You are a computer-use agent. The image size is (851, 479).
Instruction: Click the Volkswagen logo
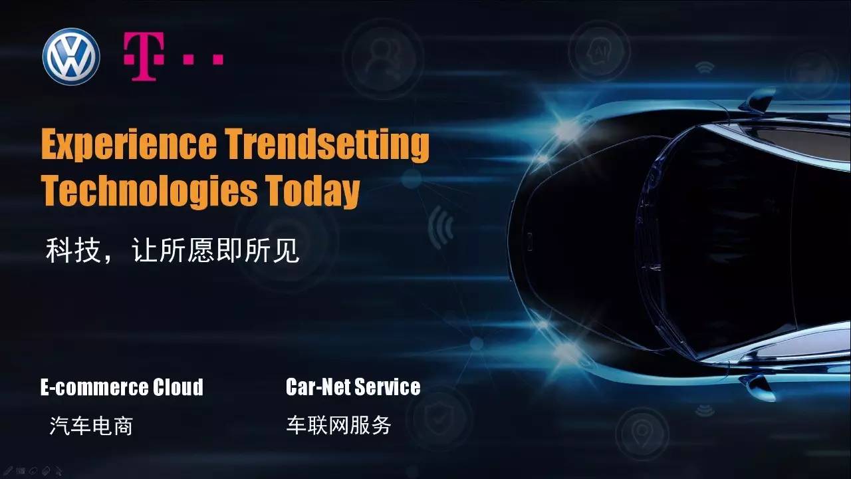(71, 57)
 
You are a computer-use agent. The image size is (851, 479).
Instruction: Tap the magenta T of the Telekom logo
(144, 57)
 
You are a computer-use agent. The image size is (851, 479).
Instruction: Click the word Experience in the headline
(129, 144)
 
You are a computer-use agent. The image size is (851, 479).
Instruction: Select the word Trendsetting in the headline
(326, 144)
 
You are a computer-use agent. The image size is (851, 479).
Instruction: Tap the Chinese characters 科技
(73, 251)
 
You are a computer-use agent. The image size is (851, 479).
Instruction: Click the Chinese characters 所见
(272, 251)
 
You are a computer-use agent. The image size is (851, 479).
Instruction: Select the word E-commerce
(94, 387)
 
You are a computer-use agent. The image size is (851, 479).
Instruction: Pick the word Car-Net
(318, 387)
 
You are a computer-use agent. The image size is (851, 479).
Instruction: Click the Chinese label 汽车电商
(91, 426)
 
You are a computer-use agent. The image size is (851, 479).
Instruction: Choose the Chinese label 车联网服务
(339, 425)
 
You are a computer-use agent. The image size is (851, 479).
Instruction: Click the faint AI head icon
(599, 51)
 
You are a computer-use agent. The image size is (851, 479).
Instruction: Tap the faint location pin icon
(642, 433)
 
